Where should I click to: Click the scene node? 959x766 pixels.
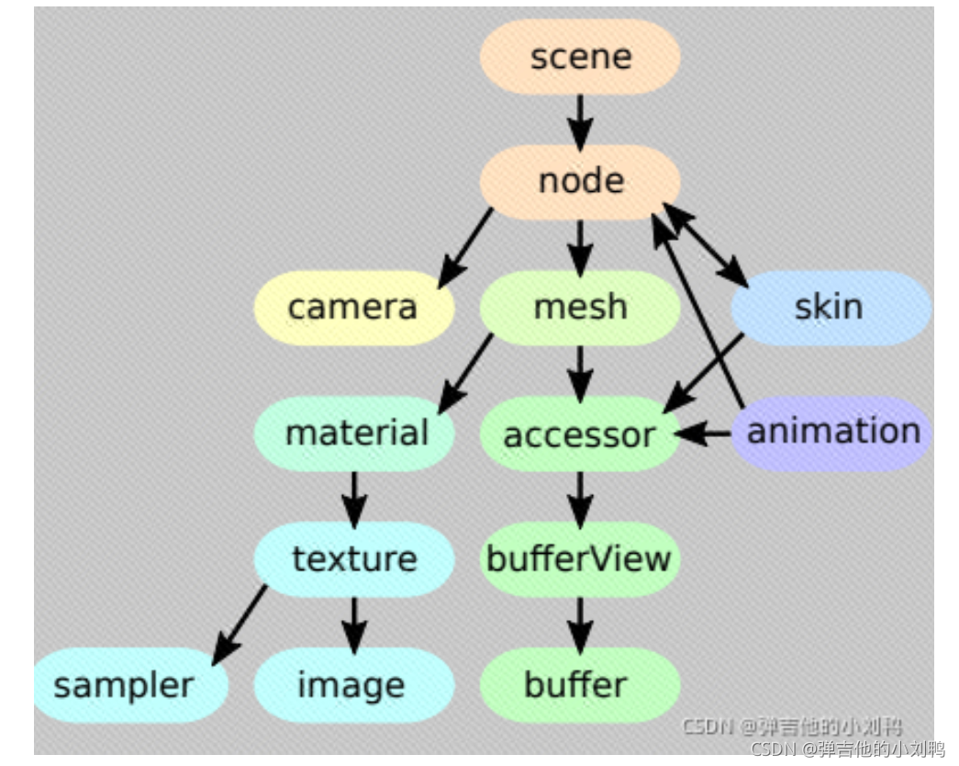(x=580, y=56)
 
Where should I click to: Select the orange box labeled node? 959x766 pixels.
(x=580, y=181)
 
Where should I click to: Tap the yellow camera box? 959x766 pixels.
(x=353, y=308)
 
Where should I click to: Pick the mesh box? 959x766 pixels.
(x=580, y=308)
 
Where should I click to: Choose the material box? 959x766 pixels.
(x=355, y=433)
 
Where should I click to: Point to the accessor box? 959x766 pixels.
(x=580, y=434)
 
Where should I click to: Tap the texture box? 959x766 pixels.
(x=354, y=558)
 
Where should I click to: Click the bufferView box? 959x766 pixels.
(x=580, y=558)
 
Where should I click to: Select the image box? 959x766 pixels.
(x=353, y=685)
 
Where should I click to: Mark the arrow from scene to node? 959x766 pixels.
(x=580, y=118)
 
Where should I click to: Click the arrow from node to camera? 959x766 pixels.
(x=466, y=245)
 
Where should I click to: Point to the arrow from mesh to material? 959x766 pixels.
(x=466, y=372)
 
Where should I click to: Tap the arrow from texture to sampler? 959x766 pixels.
(x=240, y=625)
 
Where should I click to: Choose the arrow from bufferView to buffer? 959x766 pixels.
(x=580, y=622)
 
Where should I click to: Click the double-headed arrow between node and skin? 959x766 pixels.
(x=706, y=244)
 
